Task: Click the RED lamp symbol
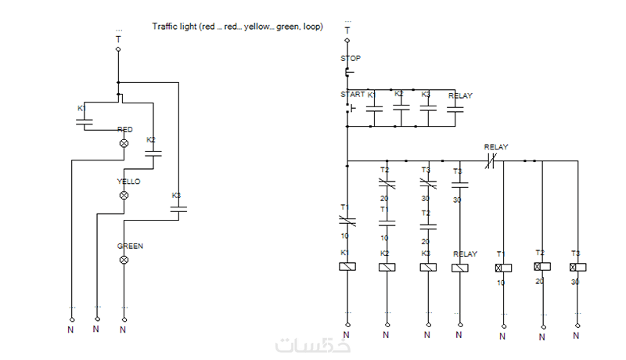(123, 143)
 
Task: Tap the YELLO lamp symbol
(123, 194)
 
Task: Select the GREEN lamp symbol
(123, 257)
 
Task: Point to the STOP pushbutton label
(350, 59)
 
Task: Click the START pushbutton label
(353, 95)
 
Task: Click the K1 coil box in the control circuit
(347, 267)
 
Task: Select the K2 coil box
(387, 267)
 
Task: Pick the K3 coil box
(427, 267)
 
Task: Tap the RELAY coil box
(460, 267)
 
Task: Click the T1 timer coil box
(502, 267)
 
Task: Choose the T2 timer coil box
(542, 267)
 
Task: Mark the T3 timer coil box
(577, 267)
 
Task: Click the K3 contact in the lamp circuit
(178, 209)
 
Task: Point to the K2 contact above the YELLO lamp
(153, 154)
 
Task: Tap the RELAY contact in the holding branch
(455, 110)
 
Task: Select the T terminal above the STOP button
(347, 31)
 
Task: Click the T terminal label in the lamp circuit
(118, 39)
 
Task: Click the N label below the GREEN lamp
(123, 329)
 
